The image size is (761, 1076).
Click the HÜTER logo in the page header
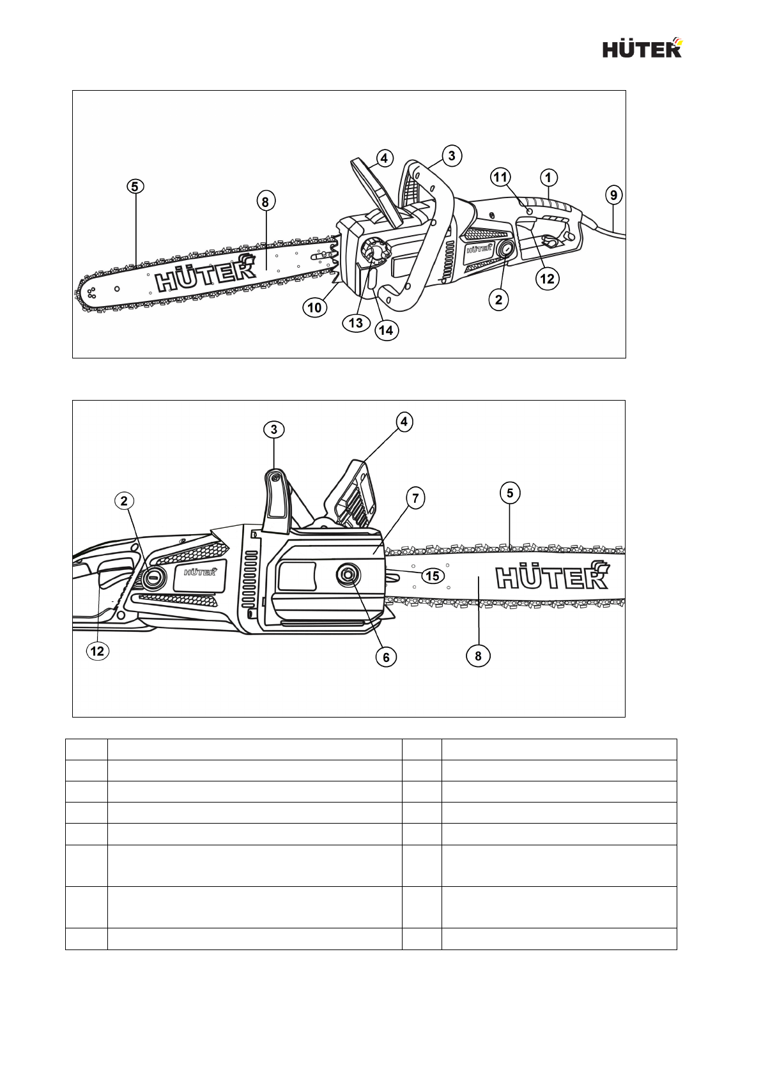tap(643, 49)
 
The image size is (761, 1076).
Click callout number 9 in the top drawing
tap(613, 194)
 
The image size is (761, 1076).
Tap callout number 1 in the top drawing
tap(548, 177)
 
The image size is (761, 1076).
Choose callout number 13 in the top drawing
tap(356, 322)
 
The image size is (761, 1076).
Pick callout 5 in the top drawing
tap(135, 187)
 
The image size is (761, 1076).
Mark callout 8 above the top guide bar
tap(265, 201)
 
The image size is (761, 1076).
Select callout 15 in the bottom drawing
tap(433, 576)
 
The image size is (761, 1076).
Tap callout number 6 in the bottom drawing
tap(386, 656)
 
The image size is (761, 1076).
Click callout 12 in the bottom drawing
tap(97, 650)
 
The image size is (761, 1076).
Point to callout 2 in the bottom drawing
tap(125, 501)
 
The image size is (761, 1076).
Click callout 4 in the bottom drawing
tap(403, 422)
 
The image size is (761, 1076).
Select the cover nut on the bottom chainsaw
tap(348, 575)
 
